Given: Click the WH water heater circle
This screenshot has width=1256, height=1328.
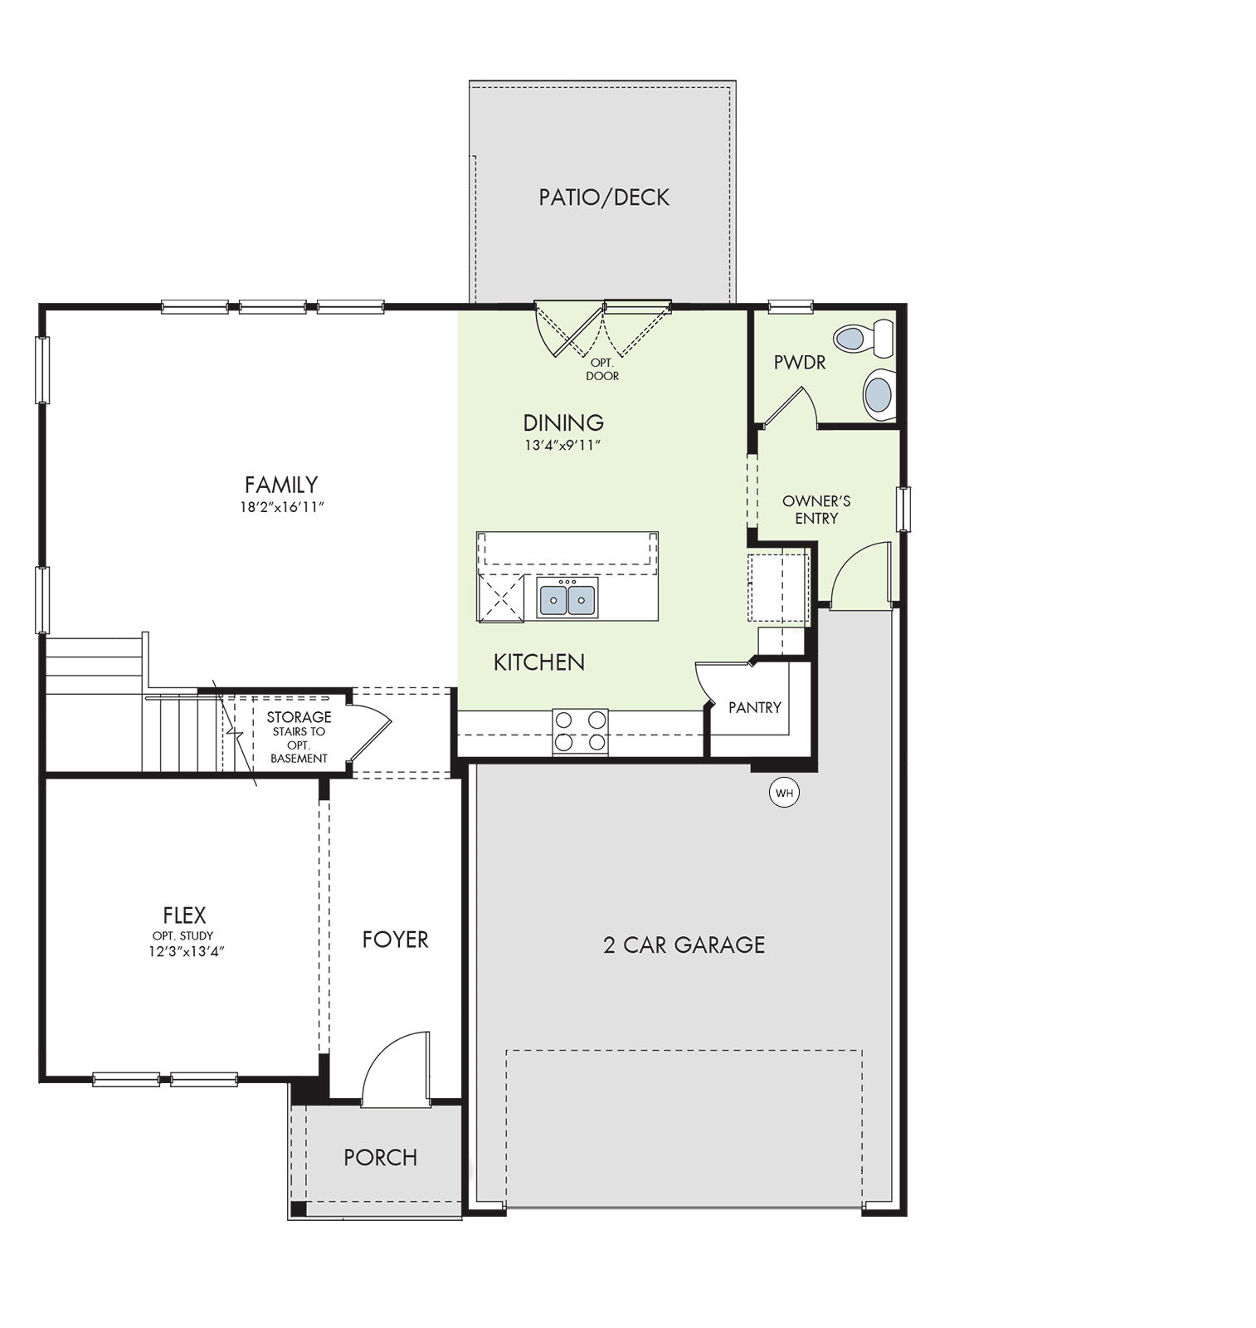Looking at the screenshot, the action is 784,793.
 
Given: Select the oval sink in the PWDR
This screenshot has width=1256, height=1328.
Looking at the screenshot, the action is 879,392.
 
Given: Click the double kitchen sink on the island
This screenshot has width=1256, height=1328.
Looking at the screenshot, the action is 567,598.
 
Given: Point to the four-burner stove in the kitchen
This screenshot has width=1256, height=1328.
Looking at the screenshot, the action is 580,731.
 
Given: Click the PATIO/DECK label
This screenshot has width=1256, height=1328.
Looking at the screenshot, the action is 604,198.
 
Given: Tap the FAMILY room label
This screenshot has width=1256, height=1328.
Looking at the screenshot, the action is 281,484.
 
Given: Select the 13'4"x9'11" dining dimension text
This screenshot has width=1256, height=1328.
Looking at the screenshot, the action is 562,445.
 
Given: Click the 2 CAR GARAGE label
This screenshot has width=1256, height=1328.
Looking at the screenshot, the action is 684,945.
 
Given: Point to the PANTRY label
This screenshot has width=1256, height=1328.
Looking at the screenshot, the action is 755,707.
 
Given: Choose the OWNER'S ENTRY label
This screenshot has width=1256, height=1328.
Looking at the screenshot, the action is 816,510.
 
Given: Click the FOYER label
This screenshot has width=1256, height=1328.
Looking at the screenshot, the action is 395,939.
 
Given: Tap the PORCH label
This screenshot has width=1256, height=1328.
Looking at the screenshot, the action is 381,1157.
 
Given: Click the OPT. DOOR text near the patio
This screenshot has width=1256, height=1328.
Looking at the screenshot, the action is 602,369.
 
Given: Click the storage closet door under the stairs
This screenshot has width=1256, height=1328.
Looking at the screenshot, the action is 368,731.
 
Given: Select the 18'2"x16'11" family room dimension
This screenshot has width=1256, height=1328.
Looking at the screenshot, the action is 281,507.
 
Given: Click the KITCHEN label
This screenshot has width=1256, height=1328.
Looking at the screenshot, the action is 539,662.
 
